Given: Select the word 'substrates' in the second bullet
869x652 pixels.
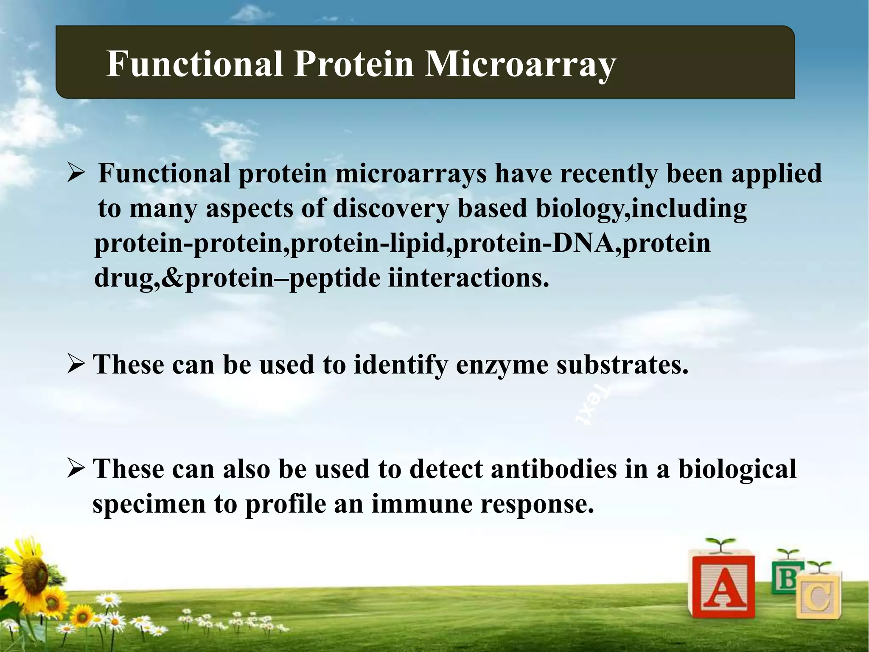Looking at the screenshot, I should pyautogui.click(x=622, y=365).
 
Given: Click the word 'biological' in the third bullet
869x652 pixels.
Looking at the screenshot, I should pyautogui.click(x=737, y=469).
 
